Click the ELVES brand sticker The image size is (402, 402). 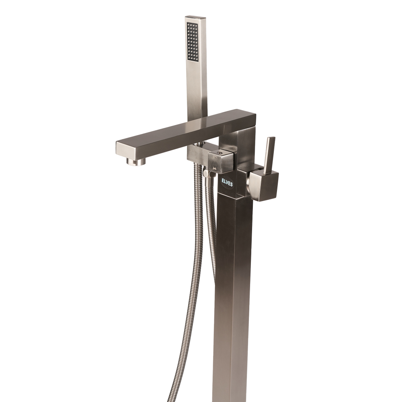[x=228, y=182]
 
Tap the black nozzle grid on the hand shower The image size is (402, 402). [x=193, y=42]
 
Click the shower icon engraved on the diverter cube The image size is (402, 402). [x=214, y=158]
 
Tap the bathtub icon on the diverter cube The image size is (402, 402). [x=215, y=168]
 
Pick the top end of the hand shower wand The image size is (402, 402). [x=195, y=17]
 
